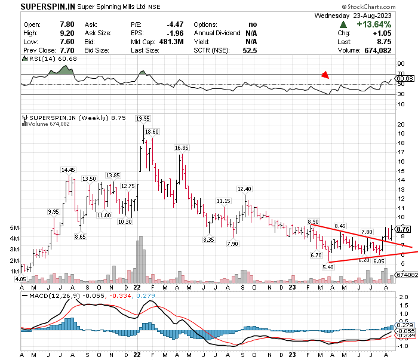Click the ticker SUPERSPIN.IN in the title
[48, 7]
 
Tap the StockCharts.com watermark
[368, 7]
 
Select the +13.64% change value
[374, 24]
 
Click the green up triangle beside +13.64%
[343, 25]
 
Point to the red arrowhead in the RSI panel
[325, 75]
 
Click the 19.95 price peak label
[143, 119]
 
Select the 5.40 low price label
[328, 267]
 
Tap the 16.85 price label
[182, 147]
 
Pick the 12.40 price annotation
[244, 189]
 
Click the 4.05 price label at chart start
[20, 279]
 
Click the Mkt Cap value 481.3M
[171, 42]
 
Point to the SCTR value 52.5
[250, 50]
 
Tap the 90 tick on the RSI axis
[401, 64]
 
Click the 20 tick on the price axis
[401, 124]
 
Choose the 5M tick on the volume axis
[14, 228]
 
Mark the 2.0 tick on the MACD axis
[404, 297]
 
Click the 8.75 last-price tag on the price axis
[403, 229]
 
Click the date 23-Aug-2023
[372, 16]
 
